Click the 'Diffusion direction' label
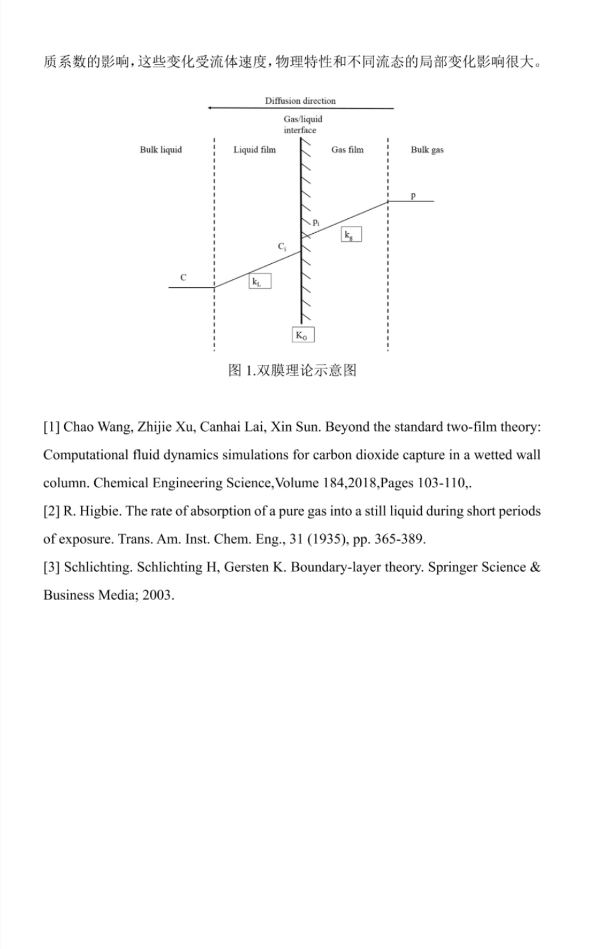click(300, 101)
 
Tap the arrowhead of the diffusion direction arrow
click(210, 108)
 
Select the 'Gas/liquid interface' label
click(302, 124)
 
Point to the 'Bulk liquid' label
click(161, 150)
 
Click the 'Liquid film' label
click(254, 150)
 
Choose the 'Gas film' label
click(347, 150)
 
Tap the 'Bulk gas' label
click(427, 150)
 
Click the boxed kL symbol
click(260, 281)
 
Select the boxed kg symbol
click(351, 234)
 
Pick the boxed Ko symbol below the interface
click(302, 335)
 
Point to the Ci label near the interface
click(282, 247)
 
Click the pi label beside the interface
click(316, 221)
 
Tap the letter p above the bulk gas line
click(413, 196)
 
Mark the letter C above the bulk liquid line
click(183, 278)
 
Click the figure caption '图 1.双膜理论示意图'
click(292, 370)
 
